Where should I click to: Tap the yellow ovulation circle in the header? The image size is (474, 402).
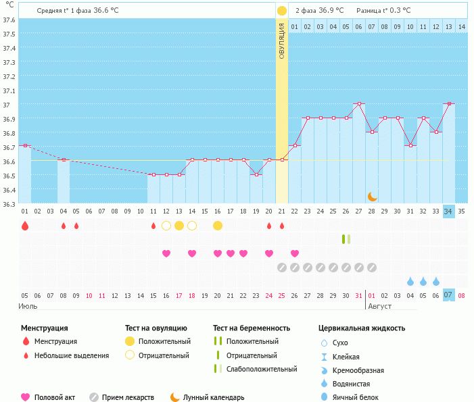click(x=281, y=10)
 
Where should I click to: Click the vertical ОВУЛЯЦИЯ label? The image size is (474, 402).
click(x=282, y=41)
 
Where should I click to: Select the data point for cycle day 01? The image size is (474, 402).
click(x=25, y=145)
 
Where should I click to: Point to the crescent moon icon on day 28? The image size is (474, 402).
click(x=372, y=196)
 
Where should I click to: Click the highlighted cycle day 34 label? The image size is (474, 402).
click(x=448, y=211)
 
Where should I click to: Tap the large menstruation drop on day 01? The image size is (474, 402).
click(x=25, y=226)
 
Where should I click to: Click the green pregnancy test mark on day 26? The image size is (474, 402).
click(x=346, y=238)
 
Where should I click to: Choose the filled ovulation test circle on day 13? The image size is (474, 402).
click(x=179, y=226)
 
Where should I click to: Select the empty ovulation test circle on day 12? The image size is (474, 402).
click(x=166, y=226)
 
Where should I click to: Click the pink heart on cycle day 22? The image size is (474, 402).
click(x=295, y=253)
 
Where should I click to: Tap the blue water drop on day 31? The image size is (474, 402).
click(x=410, y=281)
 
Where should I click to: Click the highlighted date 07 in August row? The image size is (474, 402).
click(x=448, y=295)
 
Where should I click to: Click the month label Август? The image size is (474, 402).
click(x=379, y=306)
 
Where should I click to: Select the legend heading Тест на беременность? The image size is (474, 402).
click(x=251, y=328)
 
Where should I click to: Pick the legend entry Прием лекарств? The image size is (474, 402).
click(x=127, y=398)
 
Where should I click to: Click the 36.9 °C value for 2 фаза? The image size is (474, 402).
click(x=331, y=11)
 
